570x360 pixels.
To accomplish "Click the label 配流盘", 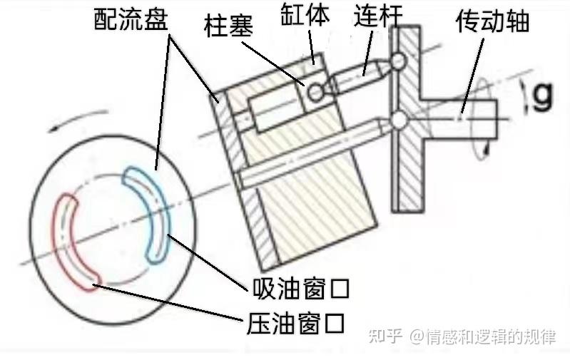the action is pos(131,19).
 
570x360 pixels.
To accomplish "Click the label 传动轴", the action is pos(492,21).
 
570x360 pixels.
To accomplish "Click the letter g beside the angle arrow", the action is pos(544,96).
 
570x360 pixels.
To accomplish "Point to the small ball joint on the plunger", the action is pos(315,91).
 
